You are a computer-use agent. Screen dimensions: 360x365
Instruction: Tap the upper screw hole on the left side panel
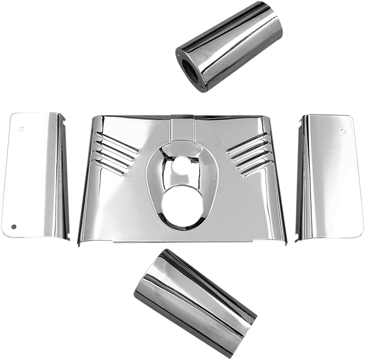[x=22, y=129]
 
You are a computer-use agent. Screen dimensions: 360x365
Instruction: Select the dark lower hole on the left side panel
[x=14, y=226]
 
